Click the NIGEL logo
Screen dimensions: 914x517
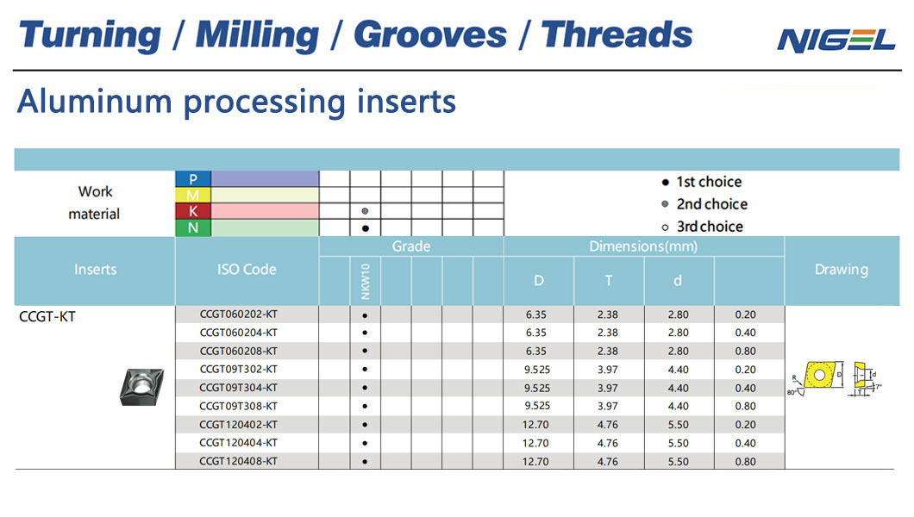click(836, 40)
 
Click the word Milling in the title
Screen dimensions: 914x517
click(257, 35)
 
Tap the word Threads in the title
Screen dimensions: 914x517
click(617, 34)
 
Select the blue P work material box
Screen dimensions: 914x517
click(193, 178)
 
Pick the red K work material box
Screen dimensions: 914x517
click(193, 211)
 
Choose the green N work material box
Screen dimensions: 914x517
click(193, 227)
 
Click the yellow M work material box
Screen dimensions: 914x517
click(193, 195)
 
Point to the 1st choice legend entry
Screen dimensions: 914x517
click(702, 182)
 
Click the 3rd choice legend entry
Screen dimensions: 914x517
click(703, 227)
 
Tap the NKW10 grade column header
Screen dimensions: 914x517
click(366, 281)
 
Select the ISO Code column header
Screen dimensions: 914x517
click(247, 270)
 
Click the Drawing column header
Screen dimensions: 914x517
click(841, 270)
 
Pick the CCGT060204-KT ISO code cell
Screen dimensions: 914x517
click(238, 333)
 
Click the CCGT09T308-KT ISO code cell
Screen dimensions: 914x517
click(238, 406)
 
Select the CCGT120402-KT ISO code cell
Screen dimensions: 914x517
click(238, 425)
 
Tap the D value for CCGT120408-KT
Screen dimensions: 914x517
click(535, 462)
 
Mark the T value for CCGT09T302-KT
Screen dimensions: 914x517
click(607, 370)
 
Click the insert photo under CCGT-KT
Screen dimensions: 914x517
click(141, 387)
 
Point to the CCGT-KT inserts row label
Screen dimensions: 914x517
click(47, 317)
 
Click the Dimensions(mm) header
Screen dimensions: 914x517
click(643, 246)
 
